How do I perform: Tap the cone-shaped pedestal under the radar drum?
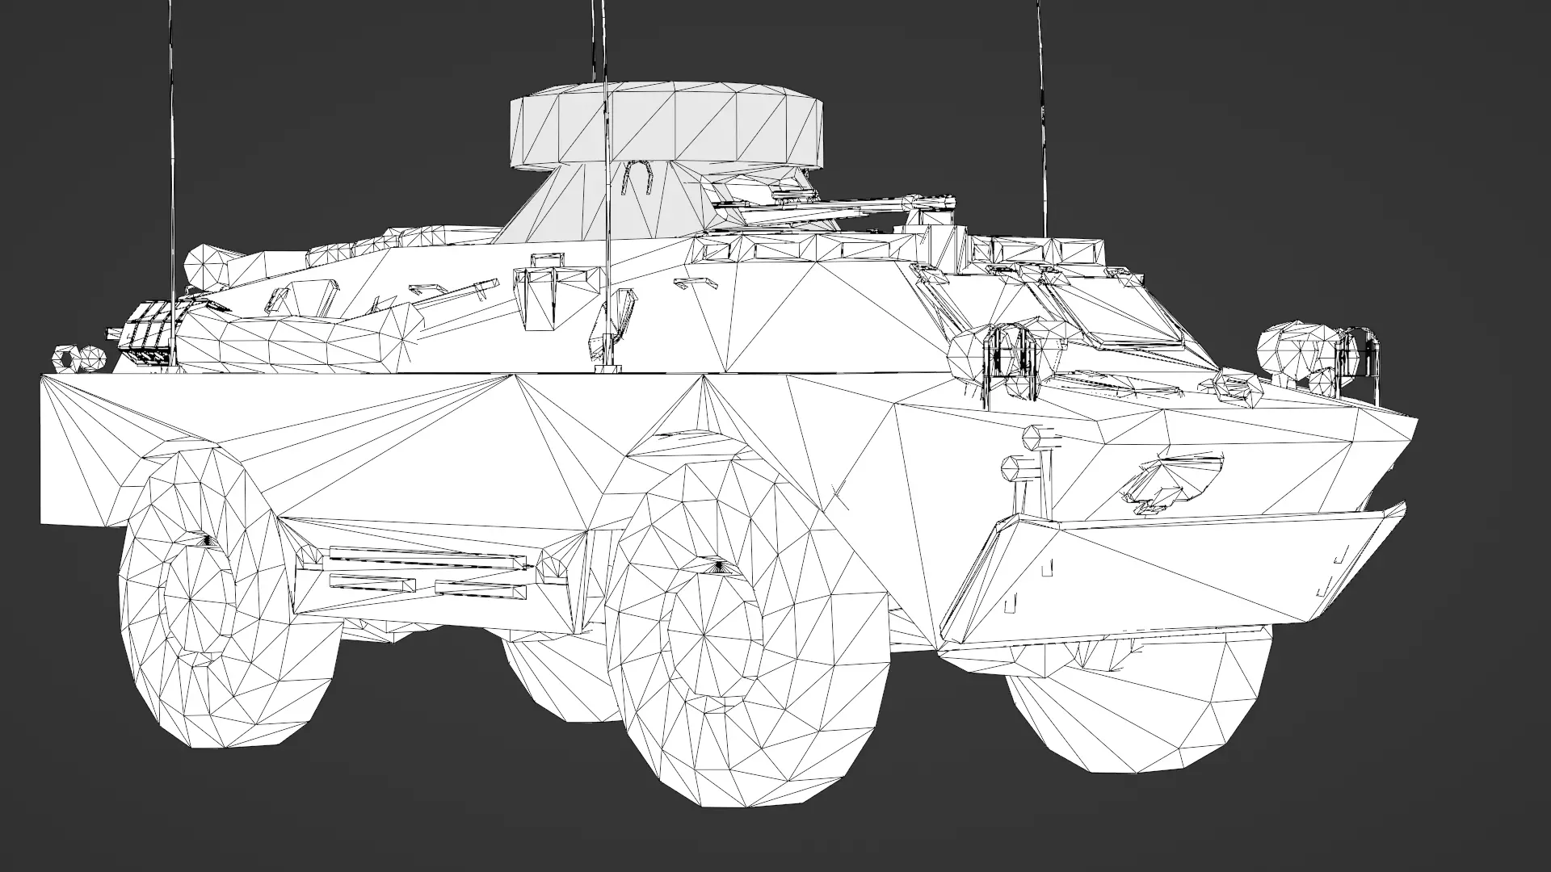pyautogui.click(x=565, y=202)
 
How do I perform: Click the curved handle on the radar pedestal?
pyautogui.click(x=638, y=176)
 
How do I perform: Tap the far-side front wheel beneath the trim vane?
pyautogui.click(x=1147, y=711)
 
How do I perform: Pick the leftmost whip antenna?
pyautogui.click(x=172, y=161)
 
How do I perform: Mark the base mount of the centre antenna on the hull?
pyautogui.click(x=610, y=369)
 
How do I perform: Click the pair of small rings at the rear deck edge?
pyautogui.click(x=78, y=357)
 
